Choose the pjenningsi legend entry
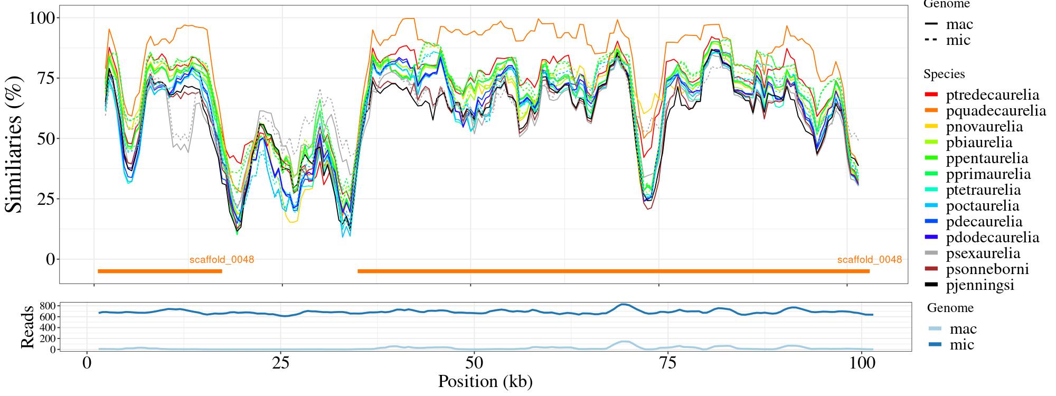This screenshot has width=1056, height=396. coord(980,285)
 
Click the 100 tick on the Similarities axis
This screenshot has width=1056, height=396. coord(42,18)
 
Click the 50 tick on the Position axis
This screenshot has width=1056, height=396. coord(475,364)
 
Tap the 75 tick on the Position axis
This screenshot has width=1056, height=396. coord(668,364)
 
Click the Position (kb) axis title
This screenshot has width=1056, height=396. coord(485,381)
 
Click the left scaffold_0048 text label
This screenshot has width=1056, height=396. coord(222,260)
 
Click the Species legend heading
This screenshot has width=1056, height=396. coord(944,74)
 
